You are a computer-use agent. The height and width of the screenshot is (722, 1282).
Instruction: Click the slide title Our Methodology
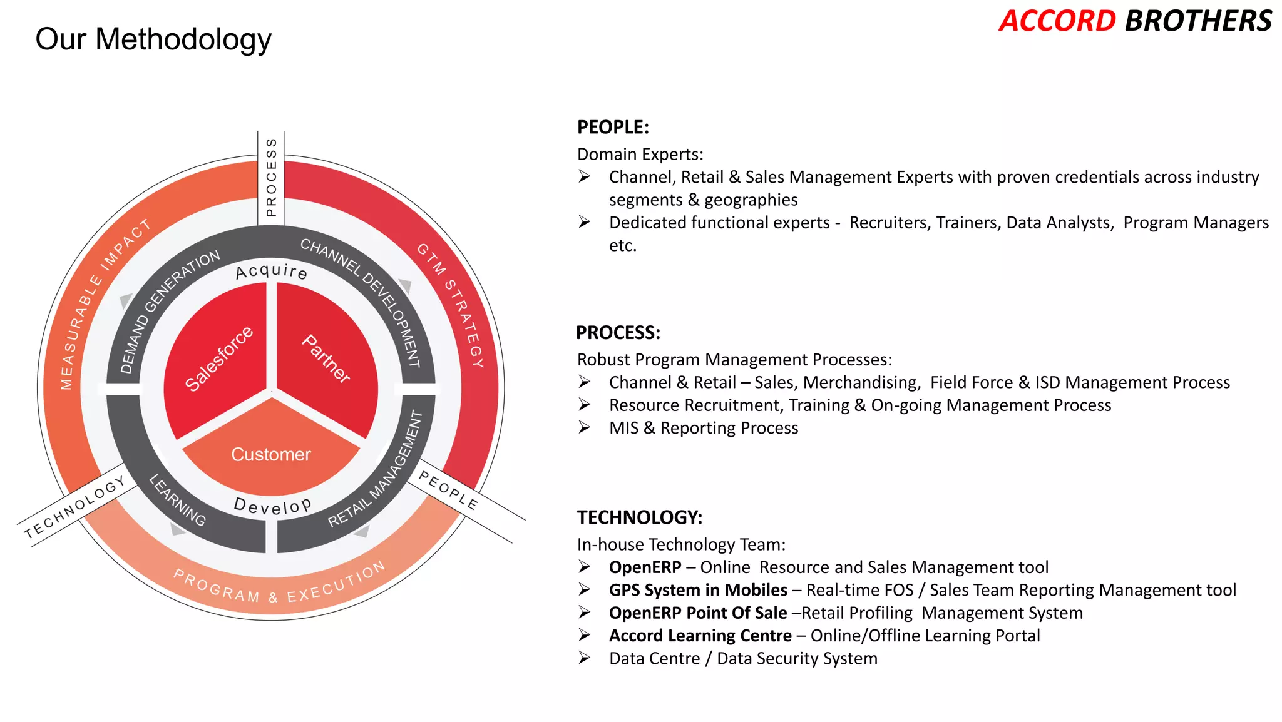153,39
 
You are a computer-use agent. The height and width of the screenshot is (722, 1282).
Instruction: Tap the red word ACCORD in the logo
1057,21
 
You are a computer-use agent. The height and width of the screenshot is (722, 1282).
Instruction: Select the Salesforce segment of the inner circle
218,359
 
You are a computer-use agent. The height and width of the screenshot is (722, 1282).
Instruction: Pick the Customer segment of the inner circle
271,454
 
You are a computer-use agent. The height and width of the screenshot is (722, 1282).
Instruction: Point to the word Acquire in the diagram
271,272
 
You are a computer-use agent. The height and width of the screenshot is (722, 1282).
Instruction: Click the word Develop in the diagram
272,506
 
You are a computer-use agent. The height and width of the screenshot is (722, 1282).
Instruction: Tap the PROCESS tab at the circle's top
271,178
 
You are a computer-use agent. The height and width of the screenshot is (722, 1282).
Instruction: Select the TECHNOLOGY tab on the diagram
76,507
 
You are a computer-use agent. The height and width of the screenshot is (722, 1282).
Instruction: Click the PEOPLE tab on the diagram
448,490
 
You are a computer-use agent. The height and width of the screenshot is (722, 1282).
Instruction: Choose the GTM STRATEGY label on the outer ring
452,305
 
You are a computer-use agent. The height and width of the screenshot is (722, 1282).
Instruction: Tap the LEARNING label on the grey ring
177,500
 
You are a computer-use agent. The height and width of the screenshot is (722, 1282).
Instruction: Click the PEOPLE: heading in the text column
613,127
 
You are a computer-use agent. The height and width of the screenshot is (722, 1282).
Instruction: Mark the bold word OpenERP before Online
645,567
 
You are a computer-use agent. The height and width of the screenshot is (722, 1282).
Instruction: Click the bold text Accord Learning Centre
700,636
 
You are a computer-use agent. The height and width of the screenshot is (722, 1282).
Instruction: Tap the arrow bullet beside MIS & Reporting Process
584,428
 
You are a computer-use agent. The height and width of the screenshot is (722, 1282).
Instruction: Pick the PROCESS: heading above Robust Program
618,333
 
